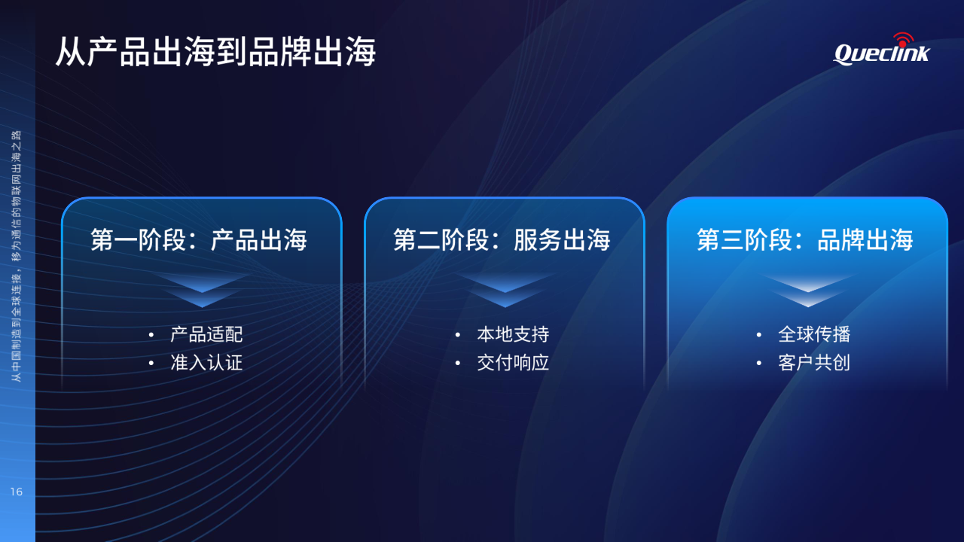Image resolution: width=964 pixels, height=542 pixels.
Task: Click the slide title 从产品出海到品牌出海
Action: [216, 52]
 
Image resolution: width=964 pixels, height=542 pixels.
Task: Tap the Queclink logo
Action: [881, 50]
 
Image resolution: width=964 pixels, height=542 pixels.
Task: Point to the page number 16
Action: [17, 492]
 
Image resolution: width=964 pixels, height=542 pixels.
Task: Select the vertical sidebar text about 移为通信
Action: [16, 256]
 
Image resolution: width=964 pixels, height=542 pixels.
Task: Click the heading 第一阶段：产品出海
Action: [199, 239]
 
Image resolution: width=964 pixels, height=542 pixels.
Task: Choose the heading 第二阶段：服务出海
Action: [502, 239]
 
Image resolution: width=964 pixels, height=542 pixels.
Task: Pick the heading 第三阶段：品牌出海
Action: [805, 239]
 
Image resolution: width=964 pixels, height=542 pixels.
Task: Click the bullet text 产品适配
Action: [206, 334]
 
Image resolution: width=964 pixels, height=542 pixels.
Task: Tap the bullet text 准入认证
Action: [206, 363]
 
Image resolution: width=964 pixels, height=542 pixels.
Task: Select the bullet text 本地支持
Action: [513, 334]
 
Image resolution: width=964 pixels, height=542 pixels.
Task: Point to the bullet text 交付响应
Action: [513, 363]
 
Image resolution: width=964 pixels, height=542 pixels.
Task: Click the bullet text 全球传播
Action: [814, 334]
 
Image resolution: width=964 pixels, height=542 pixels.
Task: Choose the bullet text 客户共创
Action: [814, 363]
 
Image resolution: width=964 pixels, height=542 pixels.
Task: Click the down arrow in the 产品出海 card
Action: [202, 290]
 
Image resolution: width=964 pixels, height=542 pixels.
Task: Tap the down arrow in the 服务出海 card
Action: [505, 290]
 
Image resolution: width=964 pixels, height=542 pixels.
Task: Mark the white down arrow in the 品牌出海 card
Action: [808, 290]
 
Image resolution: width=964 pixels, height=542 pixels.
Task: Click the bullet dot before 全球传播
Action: [758, 335]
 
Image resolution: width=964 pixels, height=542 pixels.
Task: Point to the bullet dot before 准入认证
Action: [151, 363]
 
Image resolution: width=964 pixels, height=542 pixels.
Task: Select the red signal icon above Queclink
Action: [903, 40]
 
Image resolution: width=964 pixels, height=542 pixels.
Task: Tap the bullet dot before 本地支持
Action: [457, 335]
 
